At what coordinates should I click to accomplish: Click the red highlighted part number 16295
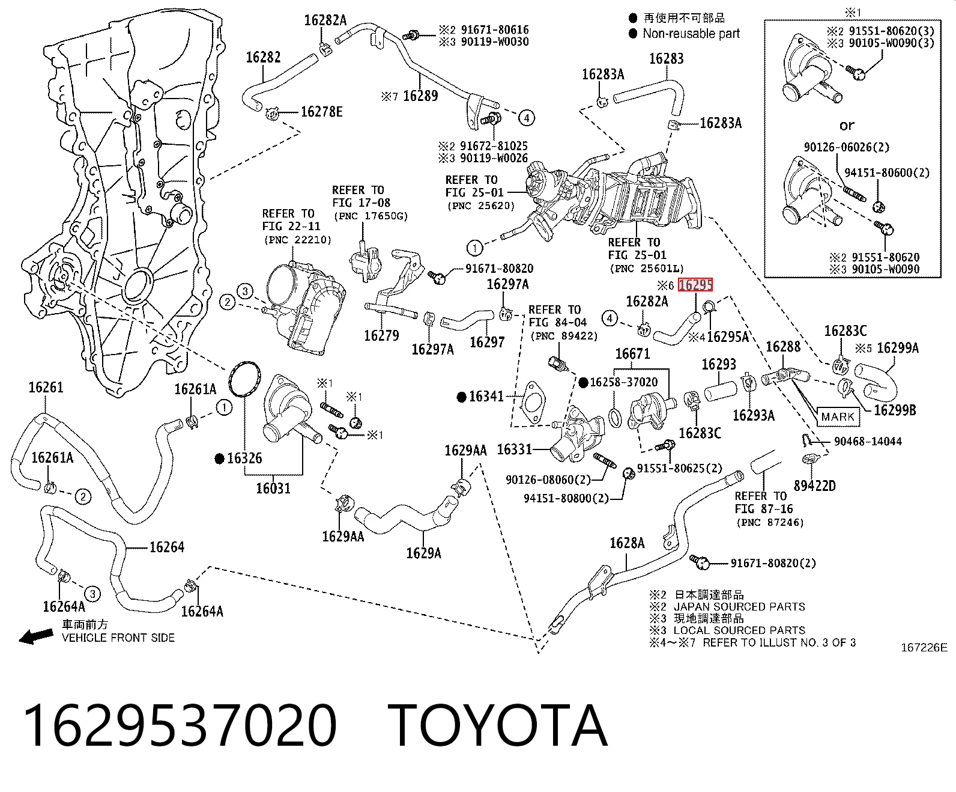pos(695,285)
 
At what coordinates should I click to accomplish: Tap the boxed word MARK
pos(838,417)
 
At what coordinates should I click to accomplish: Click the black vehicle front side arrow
pos(35,636)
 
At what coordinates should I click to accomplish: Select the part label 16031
pos(273,489)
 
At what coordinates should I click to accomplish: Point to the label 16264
pos(167,547)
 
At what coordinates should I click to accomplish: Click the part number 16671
pos(632,354)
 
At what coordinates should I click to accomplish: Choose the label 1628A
pos(627,543)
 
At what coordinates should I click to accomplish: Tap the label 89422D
pos(814,486)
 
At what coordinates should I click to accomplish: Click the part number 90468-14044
pos(868,442)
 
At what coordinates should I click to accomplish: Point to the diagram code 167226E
pos(924,648)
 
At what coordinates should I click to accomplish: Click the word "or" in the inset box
pos(847,125)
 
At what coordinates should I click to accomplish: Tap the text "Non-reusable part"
pos(691,34)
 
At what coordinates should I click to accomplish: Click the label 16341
pos(486,396)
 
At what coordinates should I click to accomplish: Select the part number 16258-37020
pos(623,382)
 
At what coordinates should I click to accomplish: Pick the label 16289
pos(420,96)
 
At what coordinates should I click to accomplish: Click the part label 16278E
pos(321,112)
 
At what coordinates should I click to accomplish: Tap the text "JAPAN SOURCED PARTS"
pos(739,607)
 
